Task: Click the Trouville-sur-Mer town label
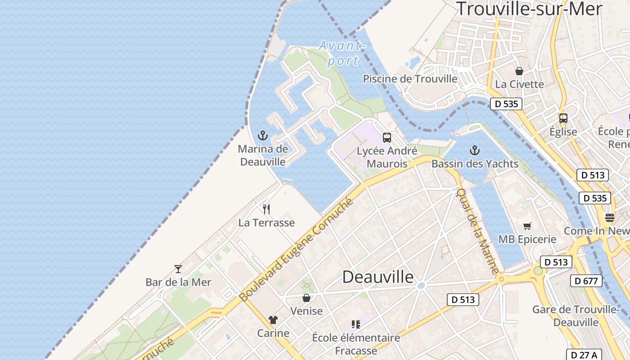pos(529,9)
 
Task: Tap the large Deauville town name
pos(378,277)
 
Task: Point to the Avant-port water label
pos(341,53)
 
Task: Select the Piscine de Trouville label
pos(410,79)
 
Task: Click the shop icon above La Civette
pos(519,71)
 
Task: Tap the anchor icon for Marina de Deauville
pos(262,135)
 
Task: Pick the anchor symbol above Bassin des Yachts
pos(474,150)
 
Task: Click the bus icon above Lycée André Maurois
pos(387,138)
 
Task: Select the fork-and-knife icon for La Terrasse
pos(266,209)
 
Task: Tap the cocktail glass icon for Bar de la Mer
pos(178,269)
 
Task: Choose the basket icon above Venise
pos(306,298)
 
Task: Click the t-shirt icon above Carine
pos(273,320)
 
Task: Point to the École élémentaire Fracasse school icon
pos(356,324)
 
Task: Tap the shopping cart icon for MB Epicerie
pos(527,226)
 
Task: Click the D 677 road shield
pos(586,281)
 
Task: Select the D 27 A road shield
pos(583,355)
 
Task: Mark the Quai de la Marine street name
pos(477,230)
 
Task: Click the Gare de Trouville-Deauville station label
pos(576,316)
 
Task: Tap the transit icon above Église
pos(563,118)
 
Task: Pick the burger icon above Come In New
pos(610,218)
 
